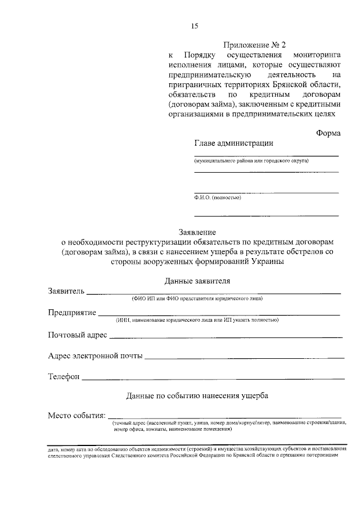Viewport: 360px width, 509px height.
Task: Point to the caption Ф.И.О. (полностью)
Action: coord(218,197)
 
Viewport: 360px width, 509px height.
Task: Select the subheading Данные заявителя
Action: coord(197,280)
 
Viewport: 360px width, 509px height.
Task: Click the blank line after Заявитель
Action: coord(214,293)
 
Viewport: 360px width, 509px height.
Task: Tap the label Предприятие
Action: coord(72,313)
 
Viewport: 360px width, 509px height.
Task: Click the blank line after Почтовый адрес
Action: coord(225,337)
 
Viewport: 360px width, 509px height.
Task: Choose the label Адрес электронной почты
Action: coord(95,356)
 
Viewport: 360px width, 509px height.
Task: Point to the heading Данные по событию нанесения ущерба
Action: coord(197,395)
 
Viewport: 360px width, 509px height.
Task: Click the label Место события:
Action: coord(77,416)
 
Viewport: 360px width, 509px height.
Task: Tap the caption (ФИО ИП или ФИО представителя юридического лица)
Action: coord(197,298)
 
